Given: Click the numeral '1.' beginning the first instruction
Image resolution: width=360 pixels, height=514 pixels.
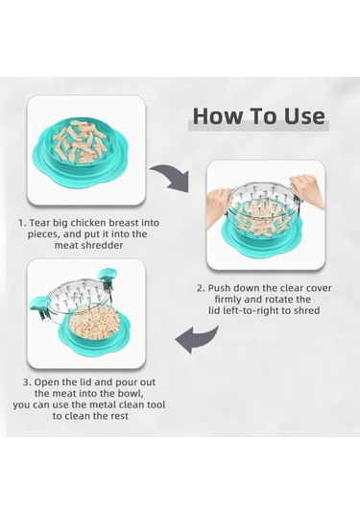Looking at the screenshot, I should point(22,222).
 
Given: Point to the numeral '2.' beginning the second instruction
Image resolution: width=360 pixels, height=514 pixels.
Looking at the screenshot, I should point(200,286).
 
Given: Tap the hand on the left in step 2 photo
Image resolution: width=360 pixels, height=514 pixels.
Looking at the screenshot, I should point(220,205).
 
